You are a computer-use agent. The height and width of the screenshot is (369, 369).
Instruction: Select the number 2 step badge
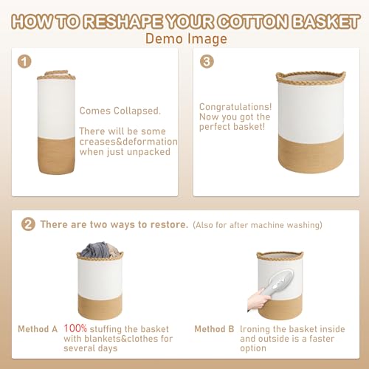[x=29, y=224]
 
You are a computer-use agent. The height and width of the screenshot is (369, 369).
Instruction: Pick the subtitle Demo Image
[x=184, y=38]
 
